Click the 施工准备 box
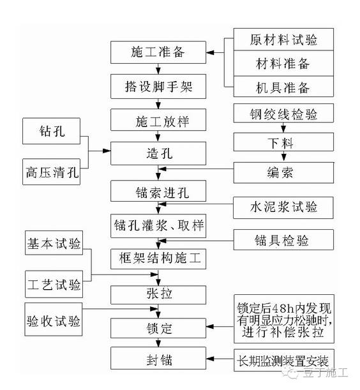(x=158, y=52)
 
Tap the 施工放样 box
(x=158, y=119)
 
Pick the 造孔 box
(x=158, y=153)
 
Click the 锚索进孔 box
(x=158, y=191)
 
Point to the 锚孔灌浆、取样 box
(x=158, y=225)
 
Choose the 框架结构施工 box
(x=158, y=259)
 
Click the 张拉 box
(x=158, y=294)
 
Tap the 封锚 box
(x=158, y=357)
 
